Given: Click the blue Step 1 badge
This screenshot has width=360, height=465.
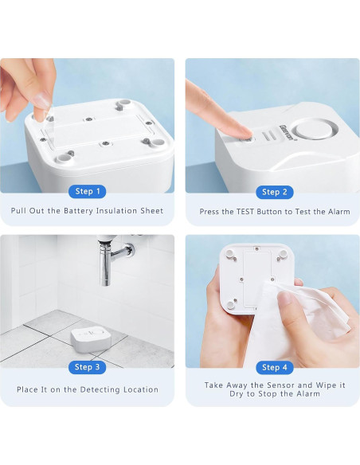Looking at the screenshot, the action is point(87,192).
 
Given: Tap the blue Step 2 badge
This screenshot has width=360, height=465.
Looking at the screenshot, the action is point(275,192).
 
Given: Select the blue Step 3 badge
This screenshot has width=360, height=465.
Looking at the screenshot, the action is point(87,367).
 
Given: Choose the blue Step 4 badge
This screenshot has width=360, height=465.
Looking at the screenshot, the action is point(275,368).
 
